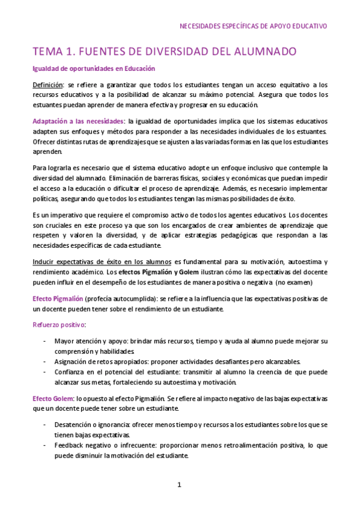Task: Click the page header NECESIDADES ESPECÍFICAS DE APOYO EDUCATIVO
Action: (253, 26)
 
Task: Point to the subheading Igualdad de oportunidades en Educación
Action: (94, 69)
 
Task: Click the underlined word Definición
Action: (47, 85)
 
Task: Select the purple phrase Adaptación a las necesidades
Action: (78, 121)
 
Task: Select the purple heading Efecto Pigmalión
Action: (57, 299)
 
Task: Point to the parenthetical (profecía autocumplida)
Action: (120, 299)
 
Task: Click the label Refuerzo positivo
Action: (59, 325)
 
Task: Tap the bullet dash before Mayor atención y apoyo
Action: (47, 341)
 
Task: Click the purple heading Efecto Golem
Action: (52, 398)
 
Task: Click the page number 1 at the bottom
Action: (179, 485)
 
